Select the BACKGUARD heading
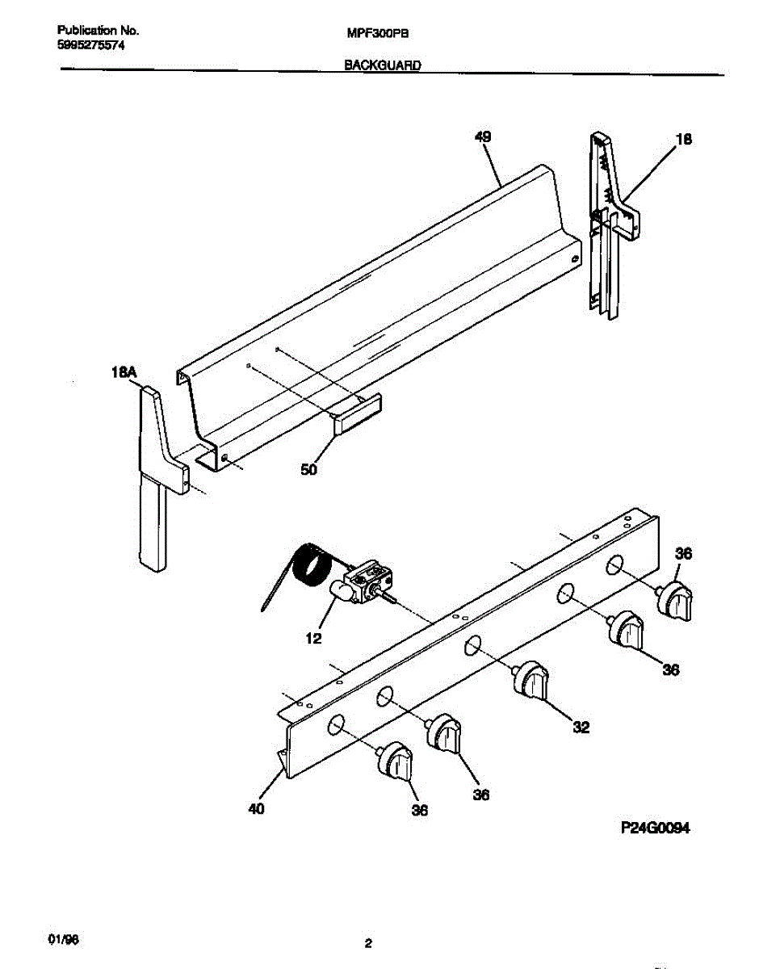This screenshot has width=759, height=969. [x=383, y=66]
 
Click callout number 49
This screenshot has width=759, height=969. [x=482, y=137]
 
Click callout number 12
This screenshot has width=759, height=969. [x=313, y=639]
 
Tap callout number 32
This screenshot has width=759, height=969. [x=581, y=728]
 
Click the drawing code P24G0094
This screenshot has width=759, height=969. [x=655, y=828]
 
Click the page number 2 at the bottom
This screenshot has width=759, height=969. [x=368, y=943]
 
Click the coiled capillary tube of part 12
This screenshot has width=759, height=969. [x=307, y=564]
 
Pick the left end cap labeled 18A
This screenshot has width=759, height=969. [x=155, y=476]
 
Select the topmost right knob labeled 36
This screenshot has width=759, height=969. [x=674, y=602]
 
